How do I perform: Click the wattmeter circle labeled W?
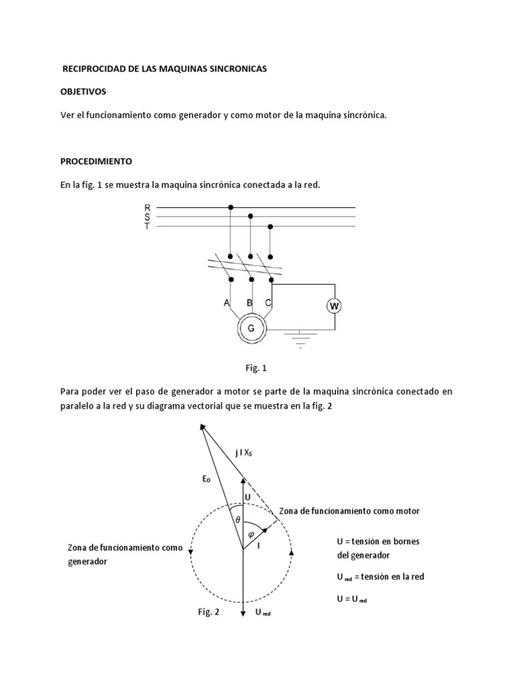334,306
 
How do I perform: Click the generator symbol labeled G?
251,328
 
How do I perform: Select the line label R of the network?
148,208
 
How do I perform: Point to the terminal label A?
226,303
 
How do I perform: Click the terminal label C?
268,303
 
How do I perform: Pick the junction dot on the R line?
231,208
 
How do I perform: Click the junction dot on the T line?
271,226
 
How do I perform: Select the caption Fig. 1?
256,367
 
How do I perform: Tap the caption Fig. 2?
208,611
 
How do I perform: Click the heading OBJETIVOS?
83,91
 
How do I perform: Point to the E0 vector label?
206,478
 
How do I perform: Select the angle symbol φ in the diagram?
251,533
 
